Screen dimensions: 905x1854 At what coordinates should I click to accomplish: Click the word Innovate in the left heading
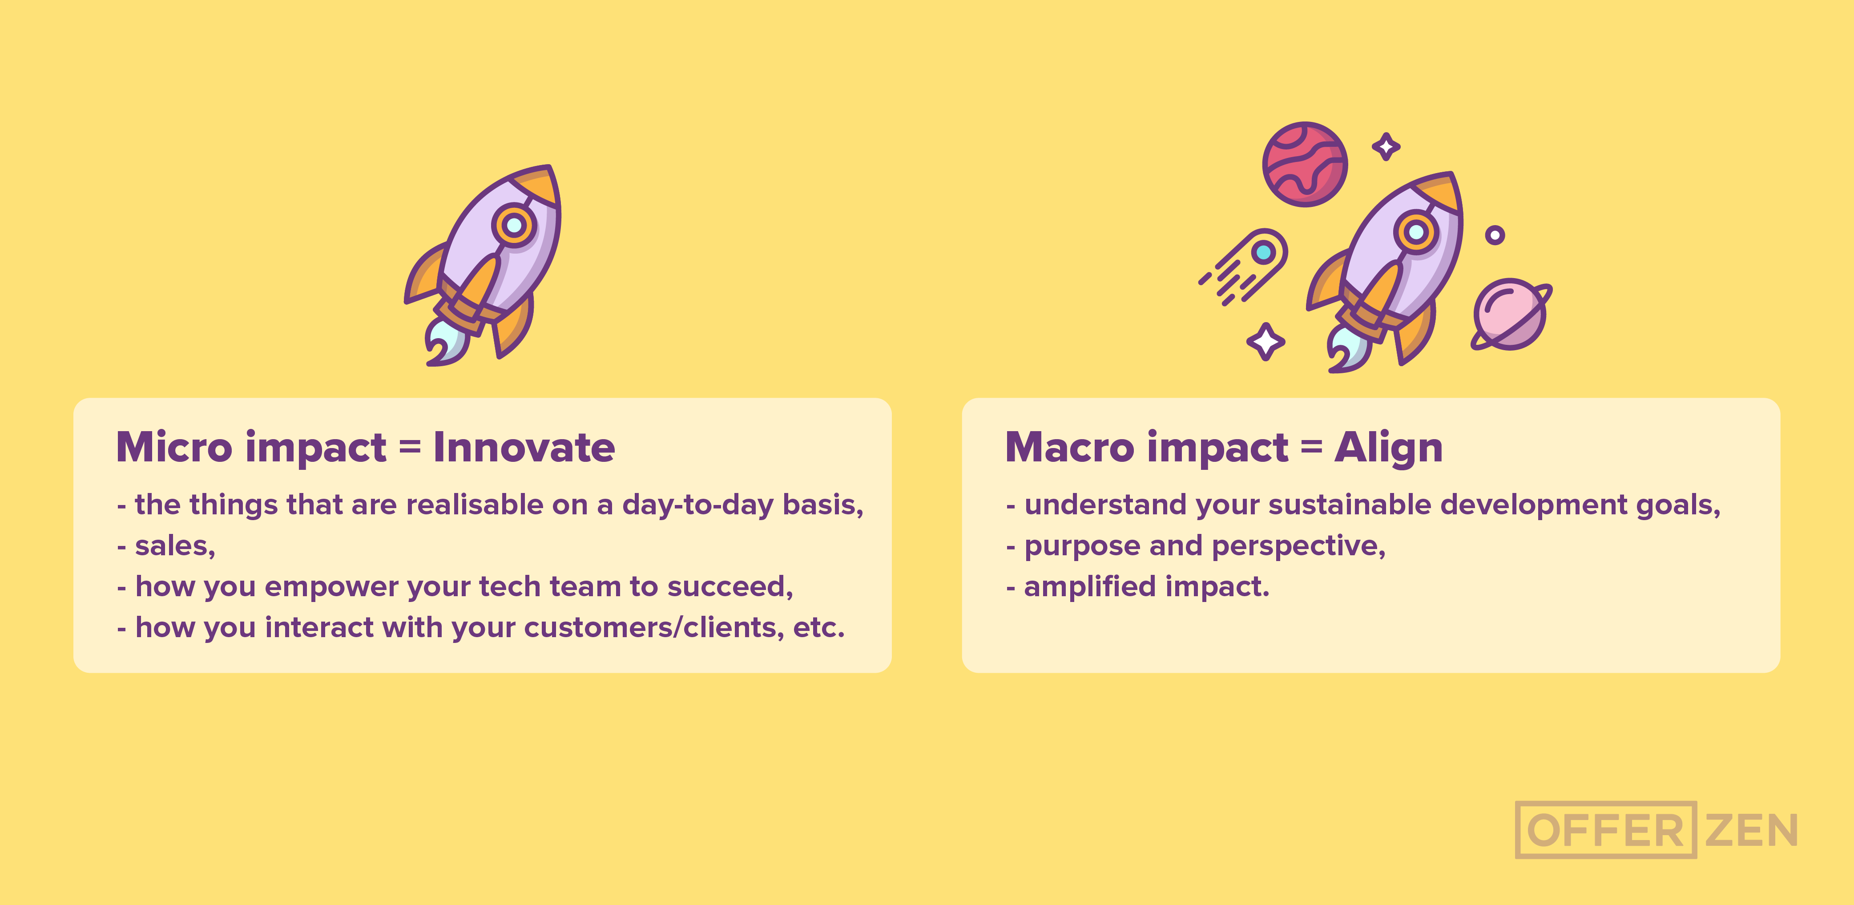pyautogui.click(x=524, y=448)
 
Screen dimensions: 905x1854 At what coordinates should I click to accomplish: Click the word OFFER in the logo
pyautogui.click(x=1605, y=830)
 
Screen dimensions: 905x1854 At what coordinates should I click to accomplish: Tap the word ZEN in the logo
pyautogui.click(x=1751, y=830)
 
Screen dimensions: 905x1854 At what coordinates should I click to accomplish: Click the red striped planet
pyautogui.click(x=1305, y=164)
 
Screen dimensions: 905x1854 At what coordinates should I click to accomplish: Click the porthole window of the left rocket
pyautogui.click(x=514, y=225)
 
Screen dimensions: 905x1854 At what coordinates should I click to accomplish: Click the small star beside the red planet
pyautogui.click(x=1386, y=147)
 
